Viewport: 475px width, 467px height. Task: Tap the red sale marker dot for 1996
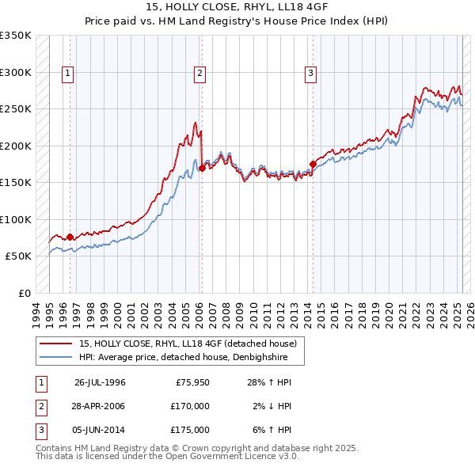[70, 237]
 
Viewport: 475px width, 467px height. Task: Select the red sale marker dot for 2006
[202, 168]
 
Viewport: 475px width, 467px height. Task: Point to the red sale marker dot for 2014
[313, 165]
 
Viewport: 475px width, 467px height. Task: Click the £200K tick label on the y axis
[16, 146]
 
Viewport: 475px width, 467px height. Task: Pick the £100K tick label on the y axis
[16, 220]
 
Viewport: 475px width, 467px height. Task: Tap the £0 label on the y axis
[23, 294]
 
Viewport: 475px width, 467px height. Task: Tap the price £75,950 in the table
[190, 382]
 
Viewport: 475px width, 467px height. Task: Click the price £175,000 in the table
[190, 430]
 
